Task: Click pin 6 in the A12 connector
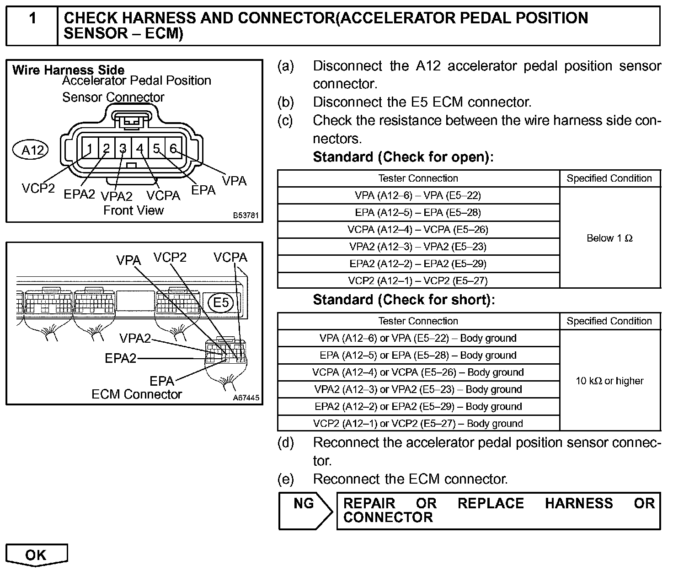173,148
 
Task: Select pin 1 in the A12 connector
90,149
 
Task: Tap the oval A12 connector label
32,150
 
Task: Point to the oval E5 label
221,302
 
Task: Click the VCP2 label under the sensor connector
38,188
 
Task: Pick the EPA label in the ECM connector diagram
162,381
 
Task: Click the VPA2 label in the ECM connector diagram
135,339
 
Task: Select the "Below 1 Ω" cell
609,238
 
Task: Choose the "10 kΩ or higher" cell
609,381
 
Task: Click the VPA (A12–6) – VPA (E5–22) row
418,195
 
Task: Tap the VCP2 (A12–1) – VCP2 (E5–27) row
418,280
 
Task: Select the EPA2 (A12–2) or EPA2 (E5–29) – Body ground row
418,406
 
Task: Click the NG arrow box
305,510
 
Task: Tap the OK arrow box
36,555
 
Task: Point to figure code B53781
246,215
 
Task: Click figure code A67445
246,398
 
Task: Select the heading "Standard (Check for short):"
404,300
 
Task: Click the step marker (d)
286,442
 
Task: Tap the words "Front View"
133,210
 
